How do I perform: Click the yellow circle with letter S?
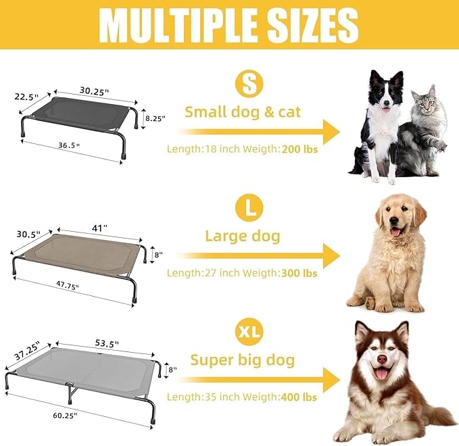tap(248, 84)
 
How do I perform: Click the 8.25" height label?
tap(154, 118)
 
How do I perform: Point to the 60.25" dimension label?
tap(63, 414)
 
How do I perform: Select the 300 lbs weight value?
tap(298, 273)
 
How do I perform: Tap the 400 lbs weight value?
tap(298, 397)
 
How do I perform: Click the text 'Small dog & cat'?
tap(243, 112)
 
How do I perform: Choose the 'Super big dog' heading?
tap(243, 360)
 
